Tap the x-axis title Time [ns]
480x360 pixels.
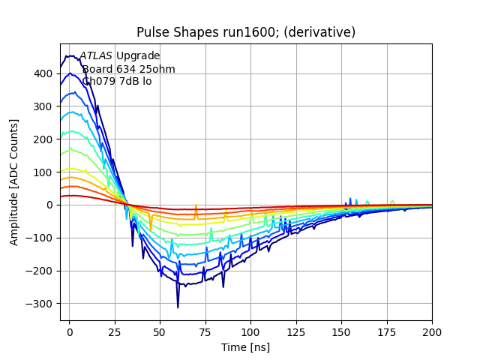pos(245,347)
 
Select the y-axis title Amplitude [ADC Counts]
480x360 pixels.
pos(14,182)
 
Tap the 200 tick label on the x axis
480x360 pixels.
pos(432,331)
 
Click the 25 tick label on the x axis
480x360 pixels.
pos(115,331)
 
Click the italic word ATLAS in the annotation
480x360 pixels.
pos(96,56)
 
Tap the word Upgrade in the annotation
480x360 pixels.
pos(138,56)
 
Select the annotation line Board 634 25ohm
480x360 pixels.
pos(128,69)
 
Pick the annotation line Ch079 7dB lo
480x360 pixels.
pos(117,81)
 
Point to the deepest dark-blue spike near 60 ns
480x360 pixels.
pos(178,306)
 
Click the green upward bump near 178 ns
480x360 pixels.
pos(392,201)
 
